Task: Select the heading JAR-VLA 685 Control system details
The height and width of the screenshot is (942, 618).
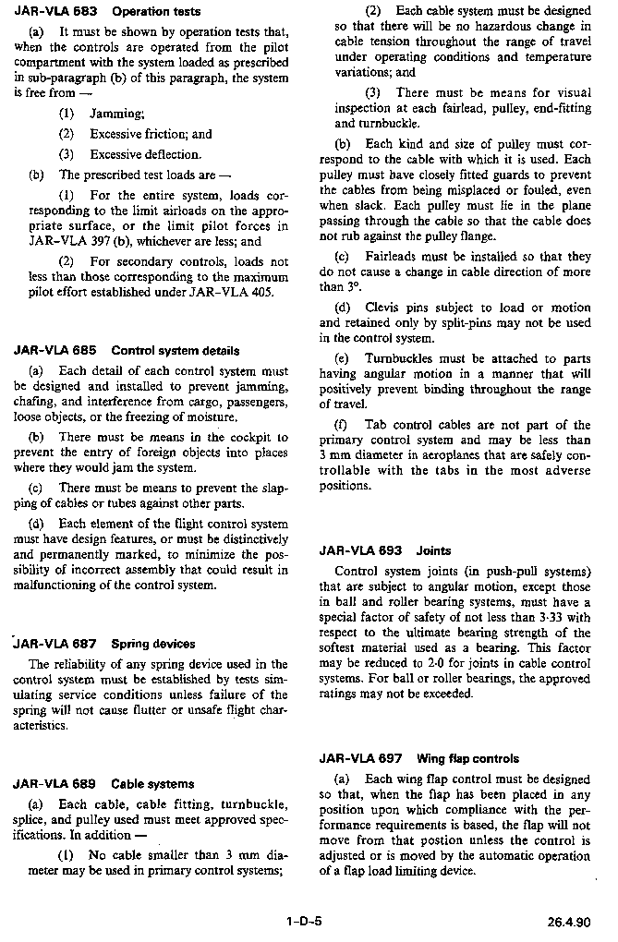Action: click(127, 351)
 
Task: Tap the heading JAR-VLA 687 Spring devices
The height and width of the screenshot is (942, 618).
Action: click(104, 644)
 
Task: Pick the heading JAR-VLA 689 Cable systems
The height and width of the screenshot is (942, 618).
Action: click(103, 784)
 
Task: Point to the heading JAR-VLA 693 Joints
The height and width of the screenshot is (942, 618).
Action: click(385, 550)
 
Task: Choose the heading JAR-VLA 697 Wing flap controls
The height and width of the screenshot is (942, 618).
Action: click(419, 758)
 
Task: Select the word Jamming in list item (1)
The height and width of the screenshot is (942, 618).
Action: click(116, 114)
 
